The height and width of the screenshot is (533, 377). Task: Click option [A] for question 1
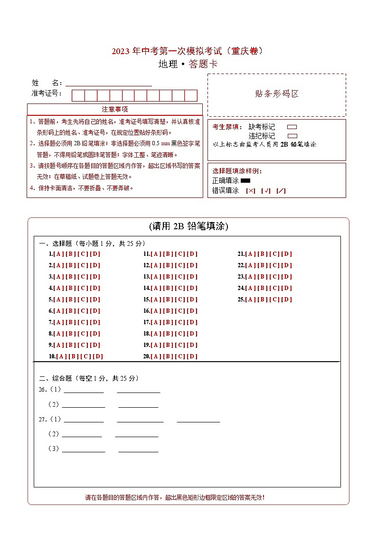pyautogui.click(x=58, y=254)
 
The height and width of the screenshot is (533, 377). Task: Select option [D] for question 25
pyautogui.click(x=287, y=299)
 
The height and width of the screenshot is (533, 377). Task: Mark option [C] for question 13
pyautogui.click(x=180, y=277)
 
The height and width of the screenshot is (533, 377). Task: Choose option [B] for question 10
pyautogui.click(x=74, y=356)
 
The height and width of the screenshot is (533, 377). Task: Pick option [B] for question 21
pyautogui.click(x=263, y=254)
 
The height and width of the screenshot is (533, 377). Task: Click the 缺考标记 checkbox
pyautogui.click(x=292, y=127)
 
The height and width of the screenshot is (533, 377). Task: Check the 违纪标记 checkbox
pyautogui.click(x=292, y=136)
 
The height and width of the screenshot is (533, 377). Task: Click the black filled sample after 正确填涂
pyautogui.click(x=245, y=181)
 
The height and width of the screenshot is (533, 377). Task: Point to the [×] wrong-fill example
pyautogui.click(x=250, y=191)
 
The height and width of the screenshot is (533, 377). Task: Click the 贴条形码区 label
pyautogui.click(x=277, y=94)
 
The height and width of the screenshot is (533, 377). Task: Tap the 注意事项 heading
pyautogui.click(x=115, y=109)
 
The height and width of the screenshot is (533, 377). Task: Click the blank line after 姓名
pyautogui.click(x=109, y=84)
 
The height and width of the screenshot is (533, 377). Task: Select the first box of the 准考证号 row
pyautogui.click(x=78, y=95)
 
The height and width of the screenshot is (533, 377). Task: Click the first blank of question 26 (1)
pyautogui.click(x=84, y=391)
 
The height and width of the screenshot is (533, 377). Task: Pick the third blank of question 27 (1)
pyautogui.click(x=198, y=420)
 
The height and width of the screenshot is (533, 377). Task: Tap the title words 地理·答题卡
pyautogui.click(x=188, y=65)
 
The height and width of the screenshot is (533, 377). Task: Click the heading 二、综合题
pyautogui.click(x=55, y=379)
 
